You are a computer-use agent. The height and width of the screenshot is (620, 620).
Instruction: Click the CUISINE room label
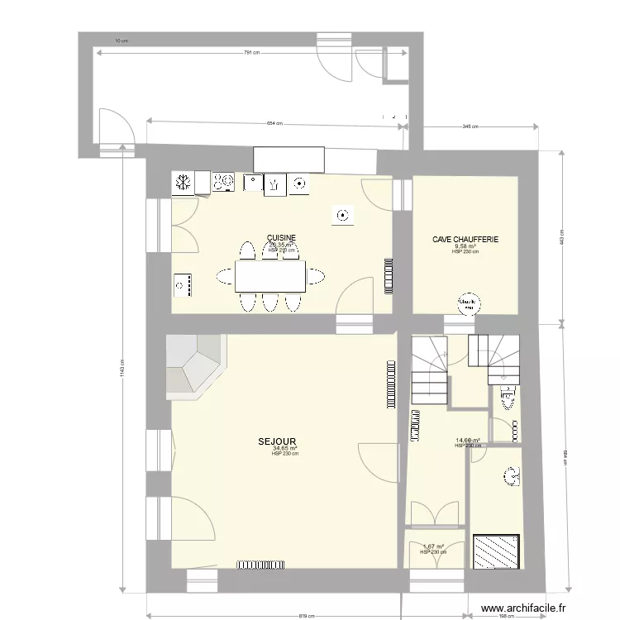click(281, 238)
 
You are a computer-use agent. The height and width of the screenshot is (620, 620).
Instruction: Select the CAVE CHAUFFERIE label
click(465, 240)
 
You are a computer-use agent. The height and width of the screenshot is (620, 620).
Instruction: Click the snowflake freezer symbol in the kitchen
click(183, 183)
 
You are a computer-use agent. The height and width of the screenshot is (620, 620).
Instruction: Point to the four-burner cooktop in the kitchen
click(224, 183)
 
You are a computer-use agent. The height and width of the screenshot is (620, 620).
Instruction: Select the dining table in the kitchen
click(270, 276)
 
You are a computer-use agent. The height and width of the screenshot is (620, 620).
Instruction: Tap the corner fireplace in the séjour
click(194, 364)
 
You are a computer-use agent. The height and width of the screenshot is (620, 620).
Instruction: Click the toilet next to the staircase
click(505, 399)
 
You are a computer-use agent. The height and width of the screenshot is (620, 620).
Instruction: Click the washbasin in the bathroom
click(512, 476)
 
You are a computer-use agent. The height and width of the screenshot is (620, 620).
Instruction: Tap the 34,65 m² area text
click(284, 448)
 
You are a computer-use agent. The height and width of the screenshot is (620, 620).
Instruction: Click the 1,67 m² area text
click(433, 546)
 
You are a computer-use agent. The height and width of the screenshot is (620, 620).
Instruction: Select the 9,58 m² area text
click(465, 246)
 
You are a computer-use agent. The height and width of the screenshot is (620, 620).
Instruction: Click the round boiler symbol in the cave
click(469, 303)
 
